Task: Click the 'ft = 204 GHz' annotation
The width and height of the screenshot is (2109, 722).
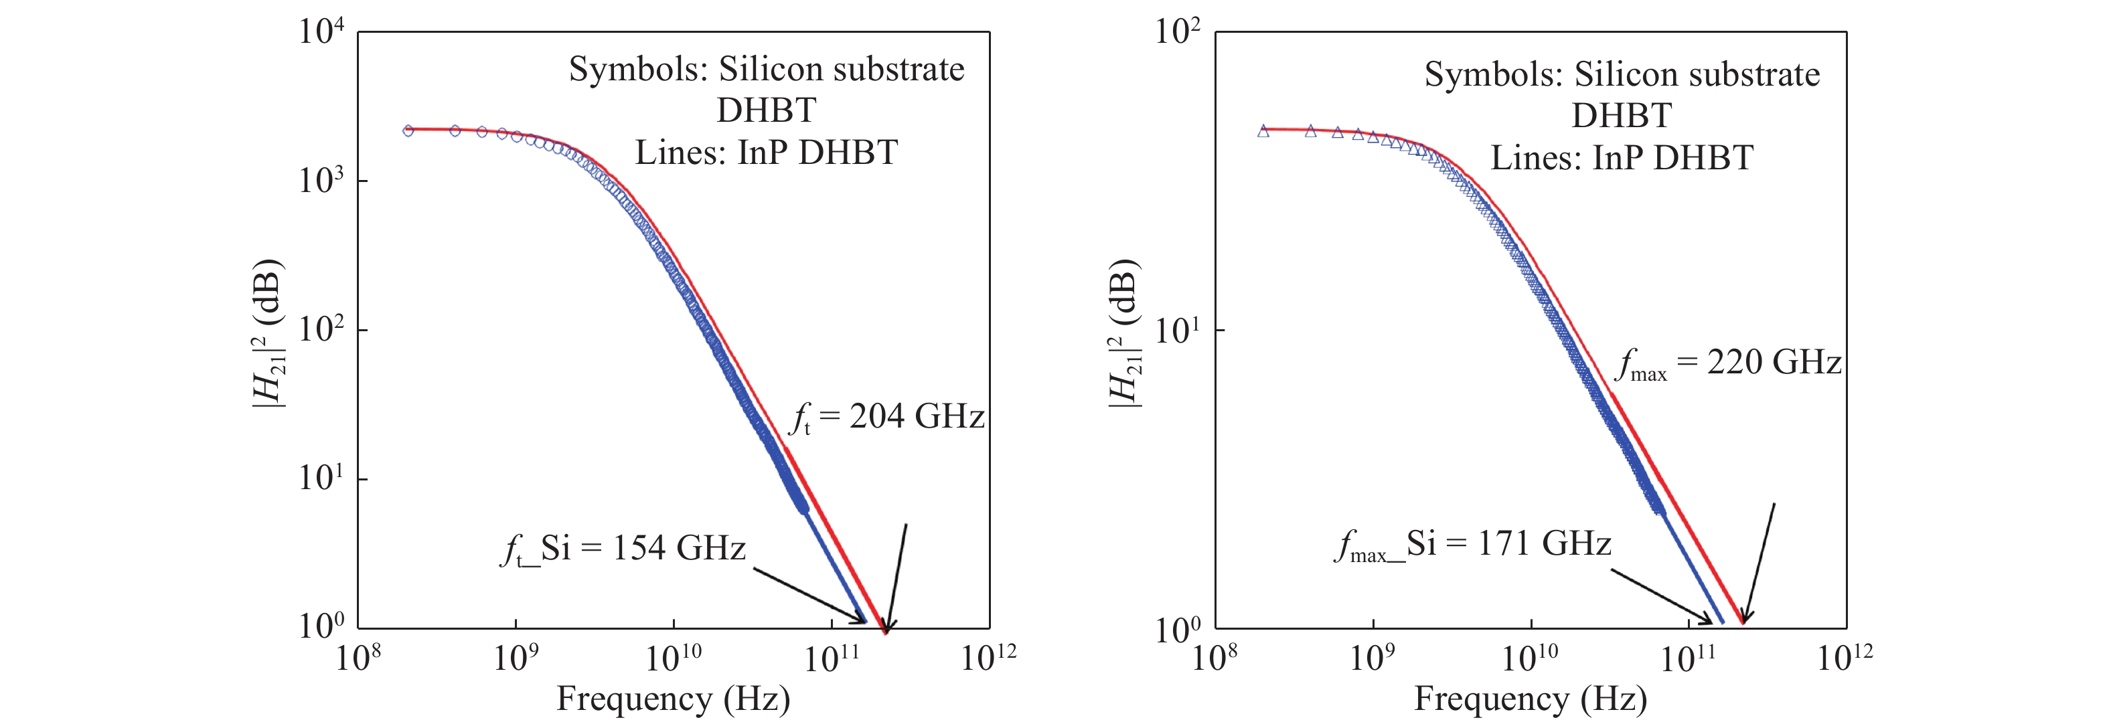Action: click(886, 418)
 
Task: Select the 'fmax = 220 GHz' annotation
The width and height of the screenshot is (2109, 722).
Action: click(1727, 363)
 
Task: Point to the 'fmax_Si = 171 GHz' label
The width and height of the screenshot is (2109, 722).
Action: click(1473, 545)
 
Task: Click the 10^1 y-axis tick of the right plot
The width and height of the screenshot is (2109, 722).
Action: click(1176, 331)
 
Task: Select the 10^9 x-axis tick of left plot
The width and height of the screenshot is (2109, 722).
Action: click(514, 657)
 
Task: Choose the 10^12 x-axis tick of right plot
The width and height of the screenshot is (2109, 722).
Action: click(1845, 657)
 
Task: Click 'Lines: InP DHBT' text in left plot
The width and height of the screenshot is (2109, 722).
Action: click(767, 153)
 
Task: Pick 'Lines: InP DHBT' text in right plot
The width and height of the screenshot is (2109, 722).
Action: click(1621, 158)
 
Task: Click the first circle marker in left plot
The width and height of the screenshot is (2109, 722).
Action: click(408, 130)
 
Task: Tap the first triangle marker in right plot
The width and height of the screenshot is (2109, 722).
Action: click(1263, 131)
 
